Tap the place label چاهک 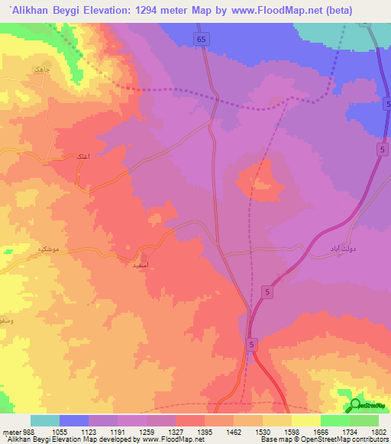pyautogui.click(x=41, y=69)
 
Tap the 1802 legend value pyautogui.click(x=378, y=431)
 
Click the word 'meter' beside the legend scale pyautogui.click(x=11, y=431)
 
